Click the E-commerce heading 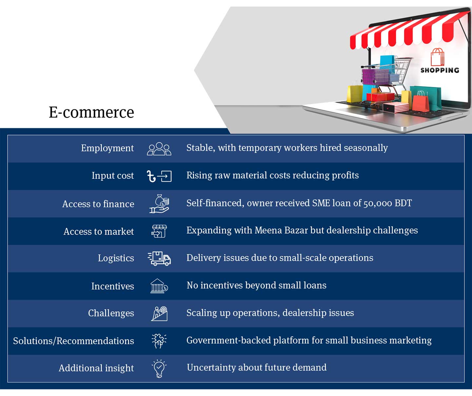pyautogui.click(x=91, y=112)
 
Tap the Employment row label pyautogui.click(x=107, y=148)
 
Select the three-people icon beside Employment pyautogui.click(x=159, y=149)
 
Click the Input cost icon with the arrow pyautogui.click(x=159, y=176)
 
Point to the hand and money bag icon pyautogui.click(x=159, y=204)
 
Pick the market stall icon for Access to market pyautogui.click(x=159, y=231)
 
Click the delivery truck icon pyautogui.click(x=159, y=258)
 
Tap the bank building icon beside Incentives pyautogui.click(x=159, y=286)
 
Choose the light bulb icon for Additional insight pyautogui.click(x=159, y=368)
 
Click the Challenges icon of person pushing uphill pyautogui.click(x=159, y=313)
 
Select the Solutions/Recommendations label pyautogui.click(x=73, y=341)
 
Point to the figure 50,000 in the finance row pyautogui.click(x=378, y=203)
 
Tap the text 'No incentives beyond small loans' pyautogui.click(x=256, y=285)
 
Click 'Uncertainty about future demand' pyautogui.click(x=256, y=367)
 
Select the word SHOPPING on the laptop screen pyautogui.click(x=440, y=70)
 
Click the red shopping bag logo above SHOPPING pyautogui.click(x=437, y=57)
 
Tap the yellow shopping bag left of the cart pyautogui.click(x=354, y=93)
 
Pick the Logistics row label pyautogui.click(x=116, y=258)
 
